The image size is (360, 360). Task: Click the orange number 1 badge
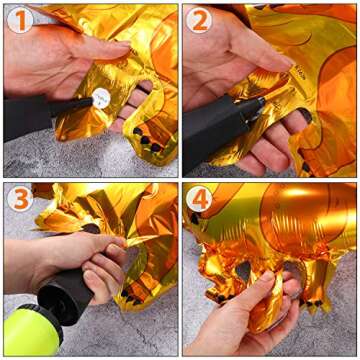[x=21, y=20]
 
